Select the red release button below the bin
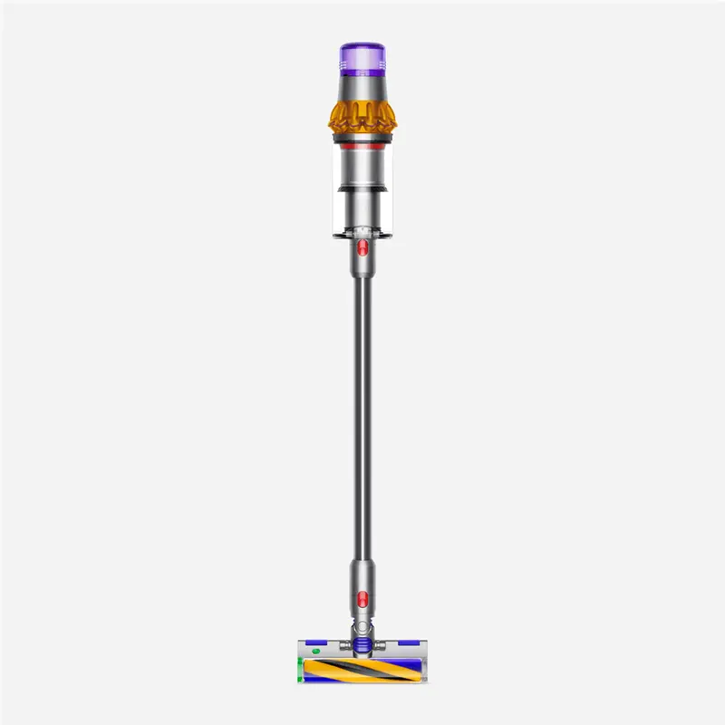pyautogui.click(x=362, y=246)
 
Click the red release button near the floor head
pyautogui.click(x=362, y=598)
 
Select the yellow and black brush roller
pyautogui.click(x=362, y=672)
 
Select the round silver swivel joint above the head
pyautogui.click(x=362, y=626)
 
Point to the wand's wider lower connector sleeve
pyautogui.click(x=362, y=580)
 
